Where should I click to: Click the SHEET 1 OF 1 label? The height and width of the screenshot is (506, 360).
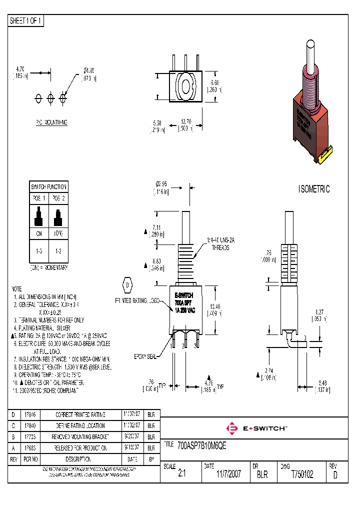[26, 21]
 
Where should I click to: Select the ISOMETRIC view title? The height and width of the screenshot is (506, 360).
[314, 189]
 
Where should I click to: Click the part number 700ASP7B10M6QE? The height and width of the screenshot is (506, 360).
[202, 446]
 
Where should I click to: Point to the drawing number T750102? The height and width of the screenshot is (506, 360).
[302, 474]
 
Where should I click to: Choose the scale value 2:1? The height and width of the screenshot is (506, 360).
[181, 474]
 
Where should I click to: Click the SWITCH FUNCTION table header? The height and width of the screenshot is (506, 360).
[48, 186]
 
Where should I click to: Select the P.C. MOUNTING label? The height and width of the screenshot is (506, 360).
[51, 122]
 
